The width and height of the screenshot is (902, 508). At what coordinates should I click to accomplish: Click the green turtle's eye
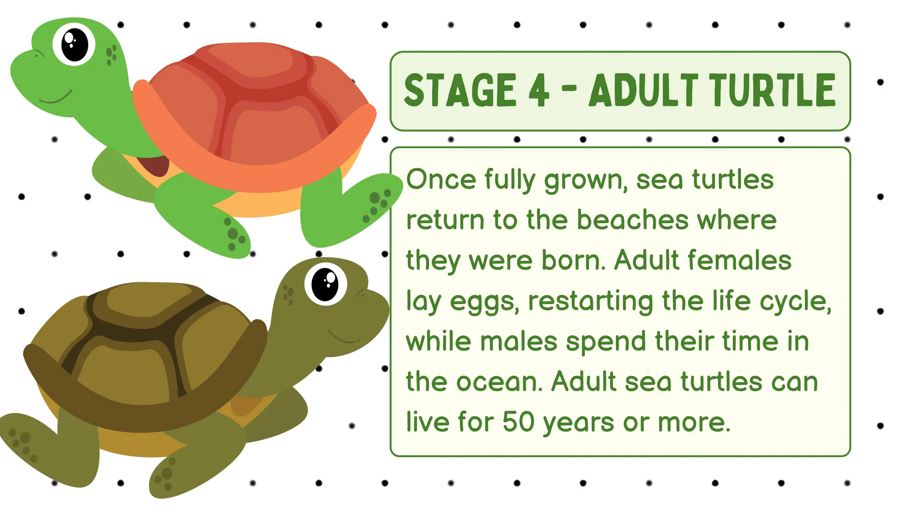pyautogui.click(x=74, y=45)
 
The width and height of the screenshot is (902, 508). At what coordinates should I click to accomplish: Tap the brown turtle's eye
pyautogui.click(x=325, y=284)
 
